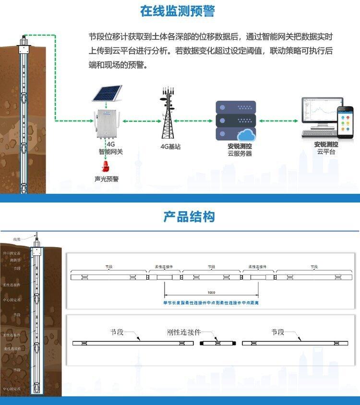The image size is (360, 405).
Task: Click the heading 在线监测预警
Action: point(178,12)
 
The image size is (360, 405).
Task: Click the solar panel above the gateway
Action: point(108,93)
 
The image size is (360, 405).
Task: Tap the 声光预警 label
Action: point(107,179)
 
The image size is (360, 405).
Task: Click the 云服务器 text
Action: point(240,154)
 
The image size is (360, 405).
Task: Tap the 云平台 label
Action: point(326,152)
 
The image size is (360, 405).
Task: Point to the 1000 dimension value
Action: point(211,292)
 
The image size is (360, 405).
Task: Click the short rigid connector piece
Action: point(217,343)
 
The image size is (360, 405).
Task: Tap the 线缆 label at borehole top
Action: point(17,239)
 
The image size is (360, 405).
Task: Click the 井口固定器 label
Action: point(12,253)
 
